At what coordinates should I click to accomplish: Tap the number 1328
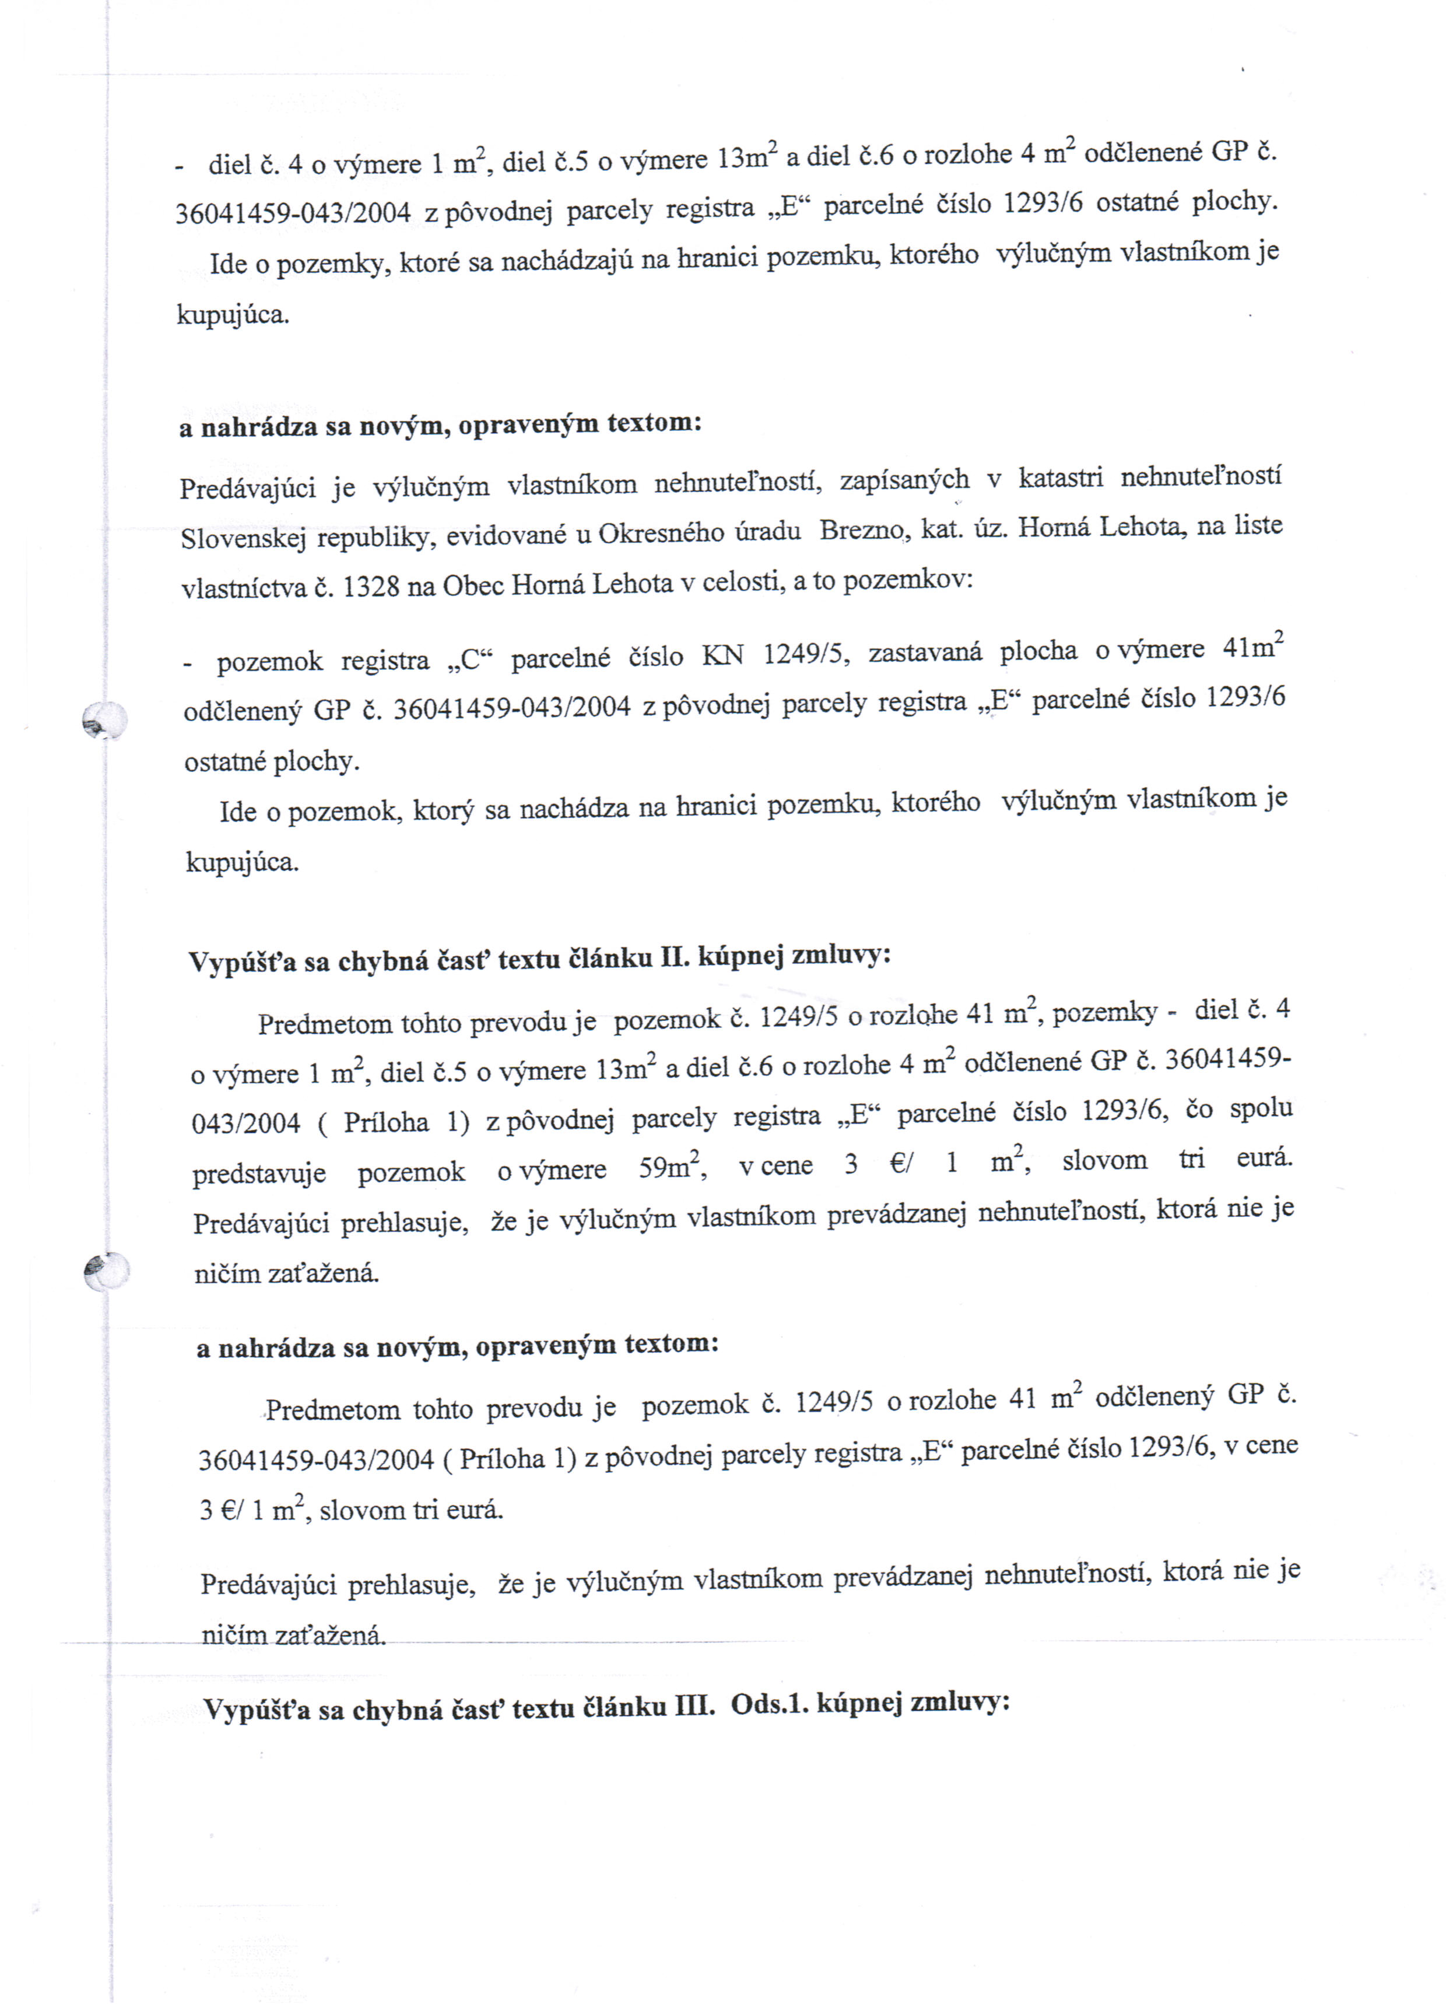[371, 587]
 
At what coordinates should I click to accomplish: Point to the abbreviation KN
[723, 655]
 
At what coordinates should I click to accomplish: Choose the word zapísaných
[903, 480]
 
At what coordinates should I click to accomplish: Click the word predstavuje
[259, 1173]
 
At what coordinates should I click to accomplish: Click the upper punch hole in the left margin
[105, 720]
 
